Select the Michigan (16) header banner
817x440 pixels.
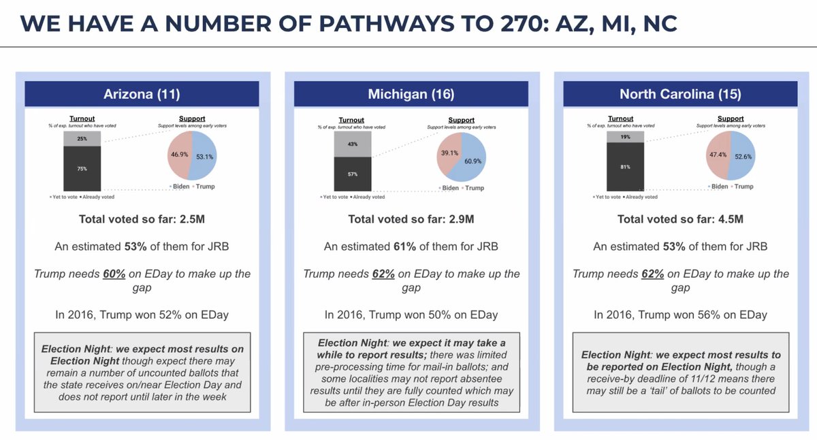pyautogui.click(x=411, y=94)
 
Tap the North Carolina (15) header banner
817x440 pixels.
pyautogui.click(x=680, y=94)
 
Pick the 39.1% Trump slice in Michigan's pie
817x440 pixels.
pyautogui.click(x=448, y=153)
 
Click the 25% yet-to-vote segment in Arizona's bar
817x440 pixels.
pyautogui.click(x=82, y=138)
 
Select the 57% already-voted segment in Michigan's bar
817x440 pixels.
pyautogui.click(x=352, y=174)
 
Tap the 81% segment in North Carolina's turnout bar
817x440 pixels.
pyautogui.click(x=625, y=167)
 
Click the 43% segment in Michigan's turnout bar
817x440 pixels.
pyautogui.click(x=352, y=144)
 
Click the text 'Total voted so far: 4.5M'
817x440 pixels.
pyautogui.click(x=680, y=219)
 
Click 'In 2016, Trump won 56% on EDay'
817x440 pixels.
pyautogui.click(x=680, y=315)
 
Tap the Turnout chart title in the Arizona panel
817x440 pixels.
pyautogui.click(x=82, y=119)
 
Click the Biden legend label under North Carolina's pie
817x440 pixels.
pyautogui.click(x=720, y=186)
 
